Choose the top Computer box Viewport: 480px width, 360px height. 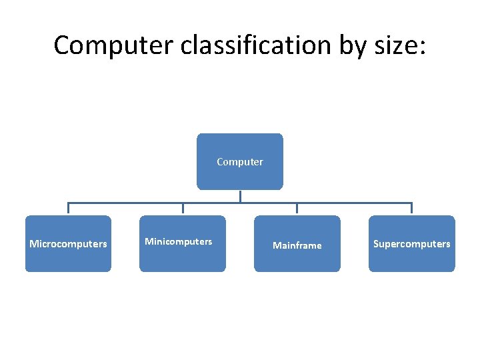[239, 161]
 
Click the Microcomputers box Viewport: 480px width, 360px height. [68, 243]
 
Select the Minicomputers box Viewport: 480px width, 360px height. [182, 243]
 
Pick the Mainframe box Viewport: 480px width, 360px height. [297, 243]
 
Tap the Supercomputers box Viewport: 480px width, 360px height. [411, 243]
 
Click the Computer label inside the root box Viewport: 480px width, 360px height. [239, 162]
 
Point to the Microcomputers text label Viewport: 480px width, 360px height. [68, 244]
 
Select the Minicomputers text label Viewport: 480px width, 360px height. [179, 241]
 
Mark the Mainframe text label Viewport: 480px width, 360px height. [297, 246]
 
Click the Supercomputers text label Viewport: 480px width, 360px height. [411, 244]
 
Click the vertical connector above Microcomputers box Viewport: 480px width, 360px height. [68, 209]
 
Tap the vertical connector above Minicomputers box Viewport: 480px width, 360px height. [183, 209]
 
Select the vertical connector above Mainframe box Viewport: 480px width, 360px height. [297, 209]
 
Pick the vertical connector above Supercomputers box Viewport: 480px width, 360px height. [411, 209]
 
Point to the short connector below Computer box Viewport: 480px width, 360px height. [240, 196]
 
